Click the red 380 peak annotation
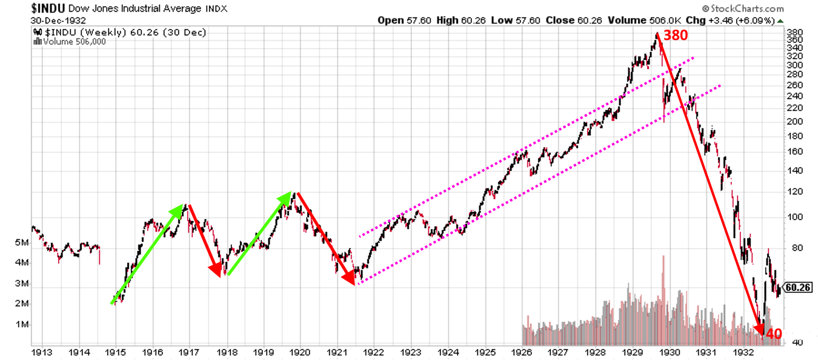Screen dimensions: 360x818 click(675, 35)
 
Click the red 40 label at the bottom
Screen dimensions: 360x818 click(773, 334)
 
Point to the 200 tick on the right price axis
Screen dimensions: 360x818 click(795, 121)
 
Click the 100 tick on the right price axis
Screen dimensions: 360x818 click(795, 217)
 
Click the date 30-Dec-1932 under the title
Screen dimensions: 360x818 click(59, 20)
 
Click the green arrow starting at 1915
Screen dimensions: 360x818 click(148, 254)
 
